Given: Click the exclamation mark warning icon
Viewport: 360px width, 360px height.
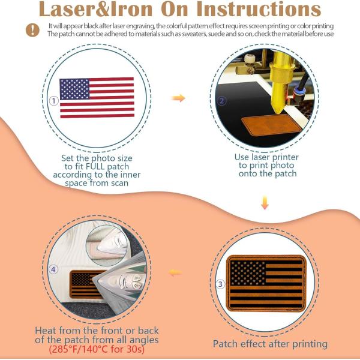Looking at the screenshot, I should (31, 31).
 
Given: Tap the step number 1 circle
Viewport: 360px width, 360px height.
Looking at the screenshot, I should (54, 101).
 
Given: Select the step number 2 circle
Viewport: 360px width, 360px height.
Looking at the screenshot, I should (221, 101).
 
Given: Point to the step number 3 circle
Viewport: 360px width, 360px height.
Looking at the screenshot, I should (220, 284).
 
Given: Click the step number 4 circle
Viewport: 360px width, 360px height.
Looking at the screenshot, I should (54, 270).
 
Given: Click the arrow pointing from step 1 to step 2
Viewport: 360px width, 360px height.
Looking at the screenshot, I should (178, 98).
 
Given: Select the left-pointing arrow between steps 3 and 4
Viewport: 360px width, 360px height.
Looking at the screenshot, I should (175, 272).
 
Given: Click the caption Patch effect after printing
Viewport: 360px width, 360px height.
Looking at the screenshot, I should (270, 344).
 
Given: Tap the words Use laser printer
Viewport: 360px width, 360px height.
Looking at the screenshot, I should (266, 157).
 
